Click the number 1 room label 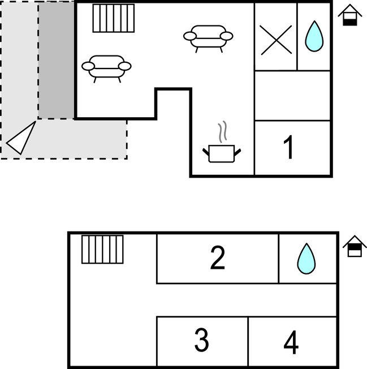point(289,148)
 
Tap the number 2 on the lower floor point(217,258)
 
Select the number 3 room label point(201,340)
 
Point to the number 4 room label point(291,342)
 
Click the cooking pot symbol point(222,153)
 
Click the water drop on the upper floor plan point(314,37)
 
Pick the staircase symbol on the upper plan point(114,18)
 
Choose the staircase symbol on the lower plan point(102,249)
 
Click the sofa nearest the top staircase point(106,67)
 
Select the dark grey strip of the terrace point(56,60)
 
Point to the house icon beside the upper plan point(350,16)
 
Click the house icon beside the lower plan point(355,247)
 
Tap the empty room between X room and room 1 point(292,95)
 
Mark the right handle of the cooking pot point(238,151)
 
